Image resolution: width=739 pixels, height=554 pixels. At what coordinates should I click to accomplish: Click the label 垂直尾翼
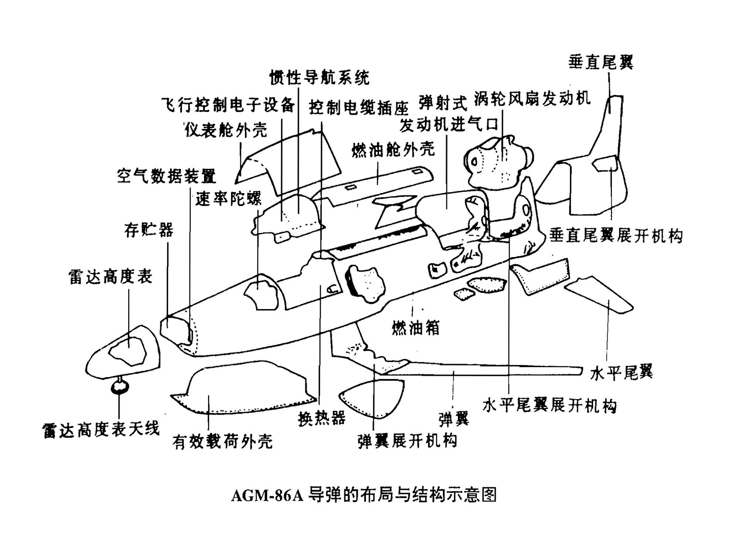pos(600,62)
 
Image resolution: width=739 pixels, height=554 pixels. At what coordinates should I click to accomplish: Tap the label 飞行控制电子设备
pos(228,105)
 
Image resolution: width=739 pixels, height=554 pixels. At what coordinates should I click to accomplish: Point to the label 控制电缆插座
pos(358,107)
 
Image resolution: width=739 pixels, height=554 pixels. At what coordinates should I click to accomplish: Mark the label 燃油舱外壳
pos(393,150)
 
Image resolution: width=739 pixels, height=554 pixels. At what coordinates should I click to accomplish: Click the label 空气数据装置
pos(166,176)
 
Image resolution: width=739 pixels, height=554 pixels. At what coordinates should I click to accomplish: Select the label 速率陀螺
pos(228,199)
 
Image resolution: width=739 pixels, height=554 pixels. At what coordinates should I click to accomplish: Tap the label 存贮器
pos(149,230)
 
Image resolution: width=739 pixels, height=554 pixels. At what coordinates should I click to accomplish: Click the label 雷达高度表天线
pos(101,430)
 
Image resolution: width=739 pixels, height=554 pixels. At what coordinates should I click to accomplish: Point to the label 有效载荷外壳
pos(222,441)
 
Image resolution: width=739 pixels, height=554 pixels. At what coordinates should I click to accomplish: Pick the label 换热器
pos(321,418)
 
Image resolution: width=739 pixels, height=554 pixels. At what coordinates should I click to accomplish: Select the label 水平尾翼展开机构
pos(549,405)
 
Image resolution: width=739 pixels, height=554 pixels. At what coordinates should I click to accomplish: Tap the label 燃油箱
pos(416,328)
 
